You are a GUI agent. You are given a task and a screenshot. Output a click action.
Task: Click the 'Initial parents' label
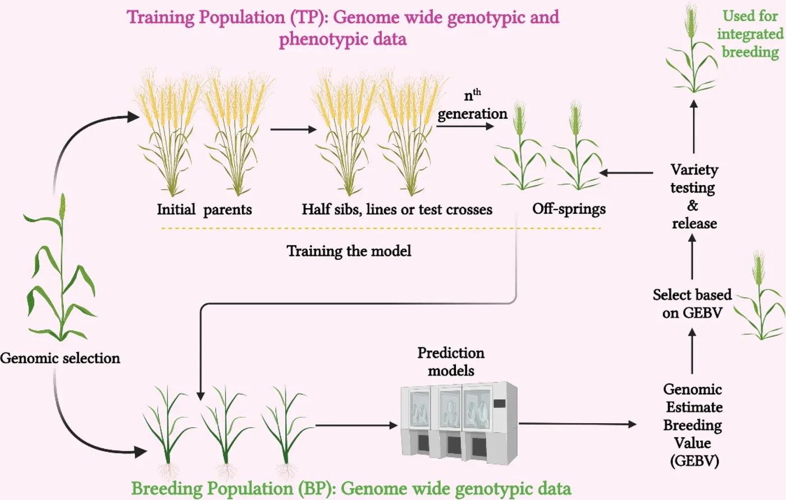click(x=204, y=210)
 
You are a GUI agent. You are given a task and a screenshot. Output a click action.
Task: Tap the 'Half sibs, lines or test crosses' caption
click(x=397, y=210)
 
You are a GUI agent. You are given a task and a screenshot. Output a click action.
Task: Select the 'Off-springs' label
click(x=569, y=209)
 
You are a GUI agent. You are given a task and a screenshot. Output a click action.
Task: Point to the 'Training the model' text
click(x=349, y=251)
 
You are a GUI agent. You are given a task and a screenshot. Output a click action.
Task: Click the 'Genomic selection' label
click(x=60, y=359)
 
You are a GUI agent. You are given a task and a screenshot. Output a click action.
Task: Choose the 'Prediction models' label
click(x=451, y=361)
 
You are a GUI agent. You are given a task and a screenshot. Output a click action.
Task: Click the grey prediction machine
click(x=459, y=423)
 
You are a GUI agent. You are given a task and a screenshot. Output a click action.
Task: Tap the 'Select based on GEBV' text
click(x=692, y=304)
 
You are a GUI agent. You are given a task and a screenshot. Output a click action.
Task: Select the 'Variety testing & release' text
click(x=694, y=196)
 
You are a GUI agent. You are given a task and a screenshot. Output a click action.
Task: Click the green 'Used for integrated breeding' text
click(x=750, y=34)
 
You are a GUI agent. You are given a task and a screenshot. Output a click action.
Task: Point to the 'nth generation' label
click(x=472, y=105)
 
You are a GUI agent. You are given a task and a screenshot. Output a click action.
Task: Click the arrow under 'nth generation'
click(x=465, y=126)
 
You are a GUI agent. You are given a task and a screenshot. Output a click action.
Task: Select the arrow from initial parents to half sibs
click(x=293, y=130)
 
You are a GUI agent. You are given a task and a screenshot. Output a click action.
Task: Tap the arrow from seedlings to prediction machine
click(x=357, y=425)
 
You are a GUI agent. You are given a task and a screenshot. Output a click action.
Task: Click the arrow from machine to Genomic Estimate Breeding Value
click(x=578, y=424)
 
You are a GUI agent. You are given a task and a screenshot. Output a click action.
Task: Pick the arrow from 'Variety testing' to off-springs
click(x=626, y=172)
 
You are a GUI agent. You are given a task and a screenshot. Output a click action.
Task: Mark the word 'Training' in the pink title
click(x=161, y=17)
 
